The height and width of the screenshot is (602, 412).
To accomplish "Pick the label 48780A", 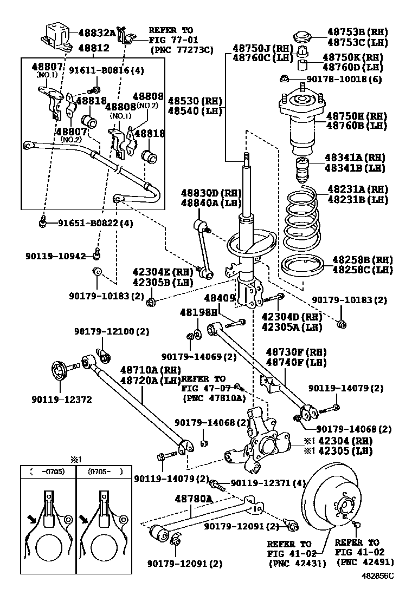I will [x=193, y=498].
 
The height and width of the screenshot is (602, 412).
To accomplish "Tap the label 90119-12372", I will [x=62, y=400].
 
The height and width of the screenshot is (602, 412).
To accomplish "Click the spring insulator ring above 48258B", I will [x=302, y=265].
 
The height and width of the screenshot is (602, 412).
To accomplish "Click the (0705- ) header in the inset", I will [x=104, y=472].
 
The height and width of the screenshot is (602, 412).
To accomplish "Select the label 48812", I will [x=93, y=48].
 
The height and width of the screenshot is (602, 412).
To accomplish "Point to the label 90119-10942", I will [x=55, y=256].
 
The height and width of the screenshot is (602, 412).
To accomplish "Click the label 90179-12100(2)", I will [x=104, y=331].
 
